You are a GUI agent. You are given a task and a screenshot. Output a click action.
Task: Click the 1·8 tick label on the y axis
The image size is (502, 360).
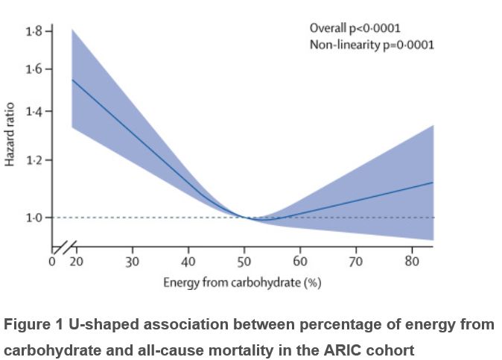point(34,31)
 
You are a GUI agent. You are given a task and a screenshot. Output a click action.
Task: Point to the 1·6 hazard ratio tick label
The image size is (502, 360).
point(34,70)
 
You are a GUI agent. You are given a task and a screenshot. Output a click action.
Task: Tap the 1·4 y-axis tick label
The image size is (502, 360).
point(34,112)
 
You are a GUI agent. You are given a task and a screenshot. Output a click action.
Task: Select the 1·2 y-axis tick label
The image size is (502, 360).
point(34,160)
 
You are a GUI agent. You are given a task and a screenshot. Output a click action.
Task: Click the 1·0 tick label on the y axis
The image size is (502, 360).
point(34,218)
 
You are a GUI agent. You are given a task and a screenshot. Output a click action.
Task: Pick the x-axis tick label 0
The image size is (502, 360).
point(51,262)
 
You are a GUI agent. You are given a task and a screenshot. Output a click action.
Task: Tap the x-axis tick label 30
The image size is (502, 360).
point(132,262)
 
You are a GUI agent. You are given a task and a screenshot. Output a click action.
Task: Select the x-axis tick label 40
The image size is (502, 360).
point(188,262)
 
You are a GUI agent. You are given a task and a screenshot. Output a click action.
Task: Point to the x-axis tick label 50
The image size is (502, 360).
point(244,262)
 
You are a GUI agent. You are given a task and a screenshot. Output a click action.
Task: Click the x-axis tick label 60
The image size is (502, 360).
point(300,262)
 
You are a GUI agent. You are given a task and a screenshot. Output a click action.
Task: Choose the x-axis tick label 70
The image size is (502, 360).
point(356,262)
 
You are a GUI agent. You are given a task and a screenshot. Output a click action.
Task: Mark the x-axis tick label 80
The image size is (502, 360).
point(412,262)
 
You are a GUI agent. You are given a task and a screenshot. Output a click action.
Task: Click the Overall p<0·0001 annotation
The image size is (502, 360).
point(355,28)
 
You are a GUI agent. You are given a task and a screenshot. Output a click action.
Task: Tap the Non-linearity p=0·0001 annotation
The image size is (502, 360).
point(372,45)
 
